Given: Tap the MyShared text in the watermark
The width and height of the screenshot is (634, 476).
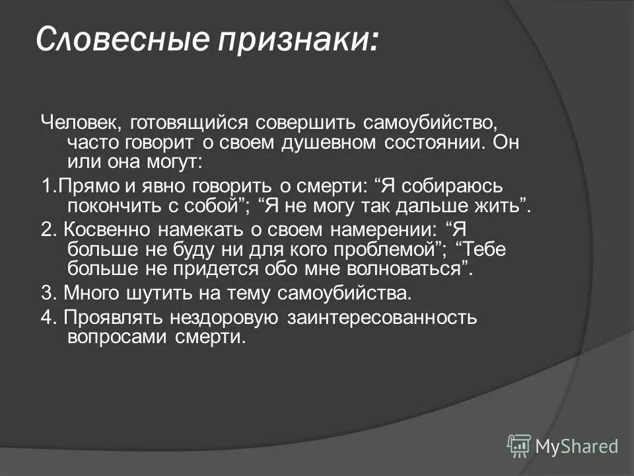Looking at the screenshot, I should pos(577,446).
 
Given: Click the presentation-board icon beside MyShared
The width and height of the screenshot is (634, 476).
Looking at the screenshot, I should pos(519,446).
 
